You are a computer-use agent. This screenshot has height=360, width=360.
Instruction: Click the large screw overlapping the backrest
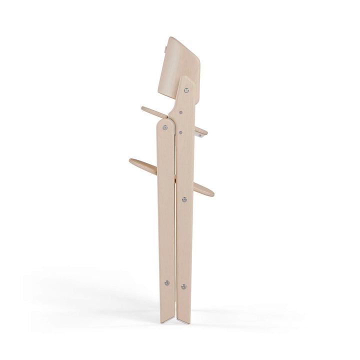pyautogui.click(x=186, y=90)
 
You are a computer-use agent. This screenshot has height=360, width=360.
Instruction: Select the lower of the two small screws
pyautogui.click(x=180, y=132)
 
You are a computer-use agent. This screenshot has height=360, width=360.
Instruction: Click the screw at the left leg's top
pyautogui.click(x=165, y=127)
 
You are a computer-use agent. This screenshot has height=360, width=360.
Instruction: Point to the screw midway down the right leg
pyautogui.click(x=184, y=199)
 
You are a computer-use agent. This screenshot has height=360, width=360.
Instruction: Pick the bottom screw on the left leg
pyautogui.click(x=167, y=283)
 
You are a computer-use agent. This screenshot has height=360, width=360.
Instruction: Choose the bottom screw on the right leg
pyautogui.click(x=184, y=286)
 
